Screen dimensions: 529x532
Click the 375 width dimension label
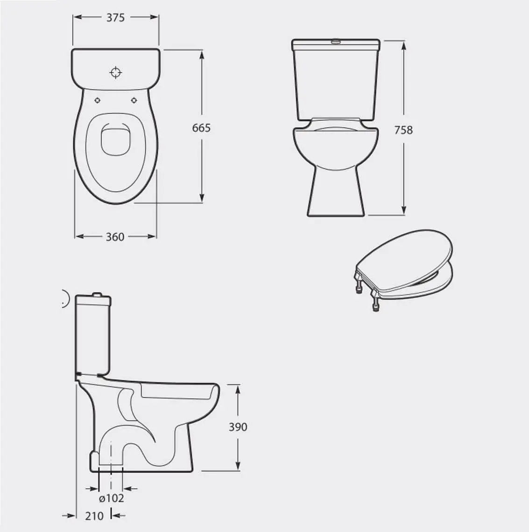click(x=115, y=18)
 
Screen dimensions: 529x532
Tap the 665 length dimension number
click(x=201, y=128)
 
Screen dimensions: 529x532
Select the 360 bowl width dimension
click(x=115, y=237)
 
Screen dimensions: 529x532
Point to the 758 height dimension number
click(x=403, y=130)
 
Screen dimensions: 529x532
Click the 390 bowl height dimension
click(x=238, y=427)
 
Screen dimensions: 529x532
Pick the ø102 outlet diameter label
click(x=112, y=498)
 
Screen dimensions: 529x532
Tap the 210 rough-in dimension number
click(x=94, y=516)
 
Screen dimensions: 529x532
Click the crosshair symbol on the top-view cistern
click(x=116, y=72)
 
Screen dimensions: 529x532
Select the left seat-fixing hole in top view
click(x=98, y=100)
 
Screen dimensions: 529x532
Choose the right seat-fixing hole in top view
click(x=134, y=100)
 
